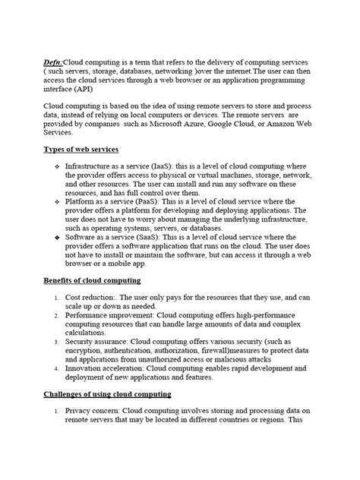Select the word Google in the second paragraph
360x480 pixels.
coord(243,122)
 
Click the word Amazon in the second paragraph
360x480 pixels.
coord(302,122)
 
